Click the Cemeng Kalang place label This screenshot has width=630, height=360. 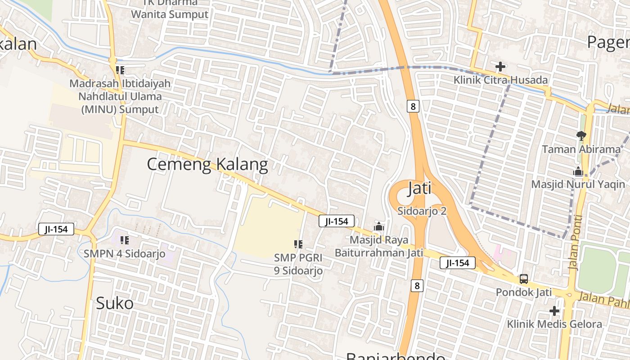coord(207,164)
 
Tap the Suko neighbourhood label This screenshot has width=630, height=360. coord(114,303)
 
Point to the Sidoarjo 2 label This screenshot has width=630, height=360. coord(422,211)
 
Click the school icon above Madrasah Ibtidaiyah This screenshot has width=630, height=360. coord(120,70)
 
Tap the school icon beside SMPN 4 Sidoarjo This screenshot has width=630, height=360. coord(125,240)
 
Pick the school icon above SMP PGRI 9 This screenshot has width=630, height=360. coord(298,244)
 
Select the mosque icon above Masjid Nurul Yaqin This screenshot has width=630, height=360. coord(578,171)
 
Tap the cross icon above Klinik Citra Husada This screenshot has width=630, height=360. coord(500,67)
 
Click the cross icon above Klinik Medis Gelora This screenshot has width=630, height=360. coord(554,311)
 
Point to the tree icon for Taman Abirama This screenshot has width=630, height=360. coord(581,135)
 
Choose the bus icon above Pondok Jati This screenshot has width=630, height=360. coord(524,279)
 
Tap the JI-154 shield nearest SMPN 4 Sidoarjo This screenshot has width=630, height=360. coord(56,229)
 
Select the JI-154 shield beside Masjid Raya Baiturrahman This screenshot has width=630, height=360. coord(337,221)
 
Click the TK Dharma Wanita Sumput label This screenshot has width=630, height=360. coord(170,9)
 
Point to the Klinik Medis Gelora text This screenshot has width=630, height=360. coord(554,324)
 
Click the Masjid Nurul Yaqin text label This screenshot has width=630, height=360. coord(578,184)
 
